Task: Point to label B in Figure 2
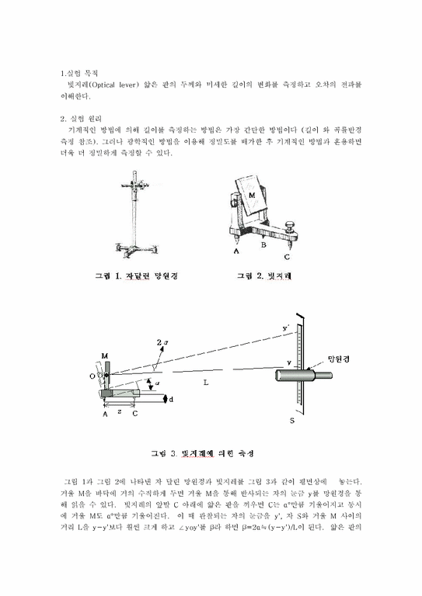coord(263,245)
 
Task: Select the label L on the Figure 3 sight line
coord(206,382)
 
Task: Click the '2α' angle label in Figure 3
coord(160,342)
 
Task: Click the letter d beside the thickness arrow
coord(172,399)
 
